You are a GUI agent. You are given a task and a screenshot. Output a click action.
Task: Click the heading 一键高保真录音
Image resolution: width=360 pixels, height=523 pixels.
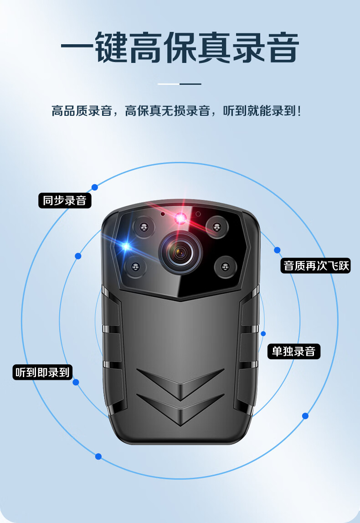pyautogui.click(x=180, y=47)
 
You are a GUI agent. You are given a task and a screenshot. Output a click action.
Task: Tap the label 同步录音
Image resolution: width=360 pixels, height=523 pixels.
pyautogui.click(x=65, y=201)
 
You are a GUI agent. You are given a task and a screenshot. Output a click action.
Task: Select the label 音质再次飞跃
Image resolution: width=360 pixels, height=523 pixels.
pyautogui.click(x=316, y=265)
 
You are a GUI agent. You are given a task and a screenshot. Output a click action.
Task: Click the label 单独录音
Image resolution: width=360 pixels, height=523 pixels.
pyautogui.click(x=293, y=351)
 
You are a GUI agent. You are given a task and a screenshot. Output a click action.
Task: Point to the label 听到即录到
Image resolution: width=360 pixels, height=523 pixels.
pyautogui.click(x=42, y=372)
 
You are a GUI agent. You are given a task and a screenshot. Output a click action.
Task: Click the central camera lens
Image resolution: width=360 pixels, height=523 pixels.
pyautogui.click(x=180, y=252)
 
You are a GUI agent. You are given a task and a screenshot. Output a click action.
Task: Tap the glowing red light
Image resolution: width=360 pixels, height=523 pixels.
pyautogui.click(x=180, y=218)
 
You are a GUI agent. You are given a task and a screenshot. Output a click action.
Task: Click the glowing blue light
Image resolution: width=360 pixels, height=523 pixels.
pyautogui.click(x=126, y=247)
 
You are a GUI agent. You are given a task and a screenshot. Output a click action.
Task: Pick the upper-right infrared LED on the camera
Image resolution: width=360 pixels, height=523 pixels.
pyautogui.click(x=216, y=227)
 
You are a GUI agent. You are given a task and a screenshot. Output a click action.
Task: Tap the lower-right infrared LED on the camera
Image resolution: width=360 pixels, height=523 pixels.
pyautogui.click(x=225, y=266)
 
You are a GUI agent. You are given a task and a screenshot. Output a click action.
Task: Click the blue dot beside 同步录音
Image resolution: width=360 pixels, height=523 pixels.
pyautogui.click(x=95, y=187)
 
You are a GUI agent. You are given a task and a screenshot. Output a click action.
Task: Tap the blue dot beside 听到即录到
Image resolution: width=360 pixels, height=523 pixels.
pyautogui.click(x=76, y=382)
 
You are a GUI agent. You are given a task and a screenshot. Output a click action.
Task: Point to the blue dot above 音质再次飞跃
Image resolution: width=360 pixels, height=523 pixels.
pyautogui.click(x=277, y=250)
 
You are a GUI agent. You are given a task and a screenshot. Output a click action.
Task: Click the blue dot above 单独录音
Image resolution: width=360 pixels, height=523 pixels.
pyautogui.click(x=263, y=334)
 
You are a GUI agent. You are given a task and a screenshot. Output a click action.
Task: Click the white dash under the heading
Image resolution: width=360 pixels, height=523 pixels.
pyautogui.click(x=168, y=84)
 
